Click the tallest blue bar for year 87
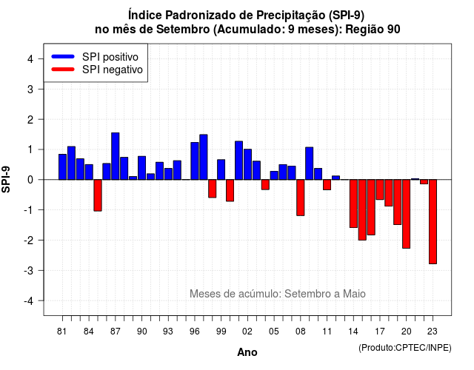click(116, 156)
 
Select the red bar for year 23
click(433, 222)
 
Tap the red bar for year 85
click(98, 195)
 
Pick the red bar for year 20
click(407, 214)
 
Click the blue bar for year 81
click(62, 167)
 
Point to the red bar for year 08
click(301, 198)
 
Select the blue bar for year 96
click(195, 161)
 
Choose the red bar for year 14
click(353, 203)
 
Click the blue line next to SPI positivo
click(63, 56)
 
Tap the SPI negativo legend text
click(113, 70)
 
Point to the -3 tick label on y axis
click(30, 270)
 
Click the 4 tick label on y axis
click(30, 59)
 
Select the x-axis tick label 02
click(247, 332)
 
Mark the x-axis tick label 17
click(380, 332)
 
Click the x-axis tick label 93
click(168, 332)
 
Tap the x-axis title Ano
click(247, 352)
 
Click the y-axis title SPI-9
click(6, 179)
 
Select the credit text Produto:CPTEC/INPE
click(405, 348)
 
